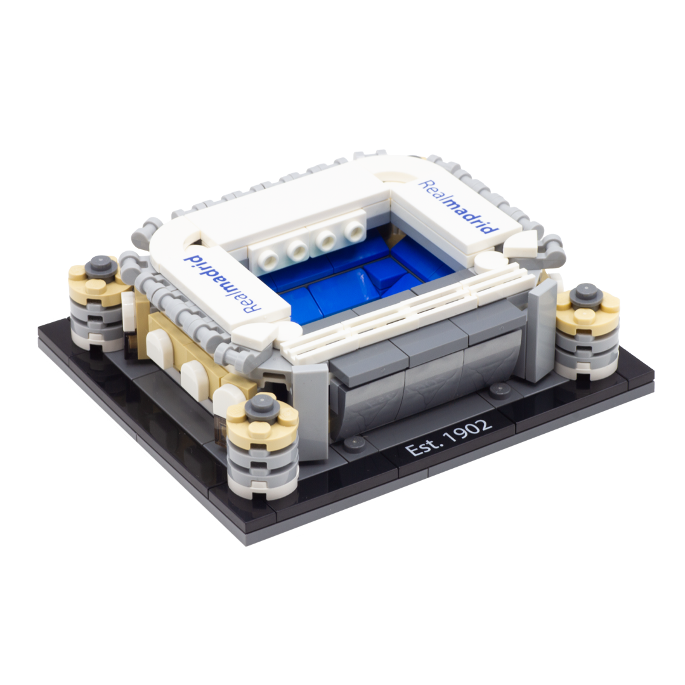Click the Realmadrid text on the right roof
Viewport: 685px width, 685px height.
point(458,207)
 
